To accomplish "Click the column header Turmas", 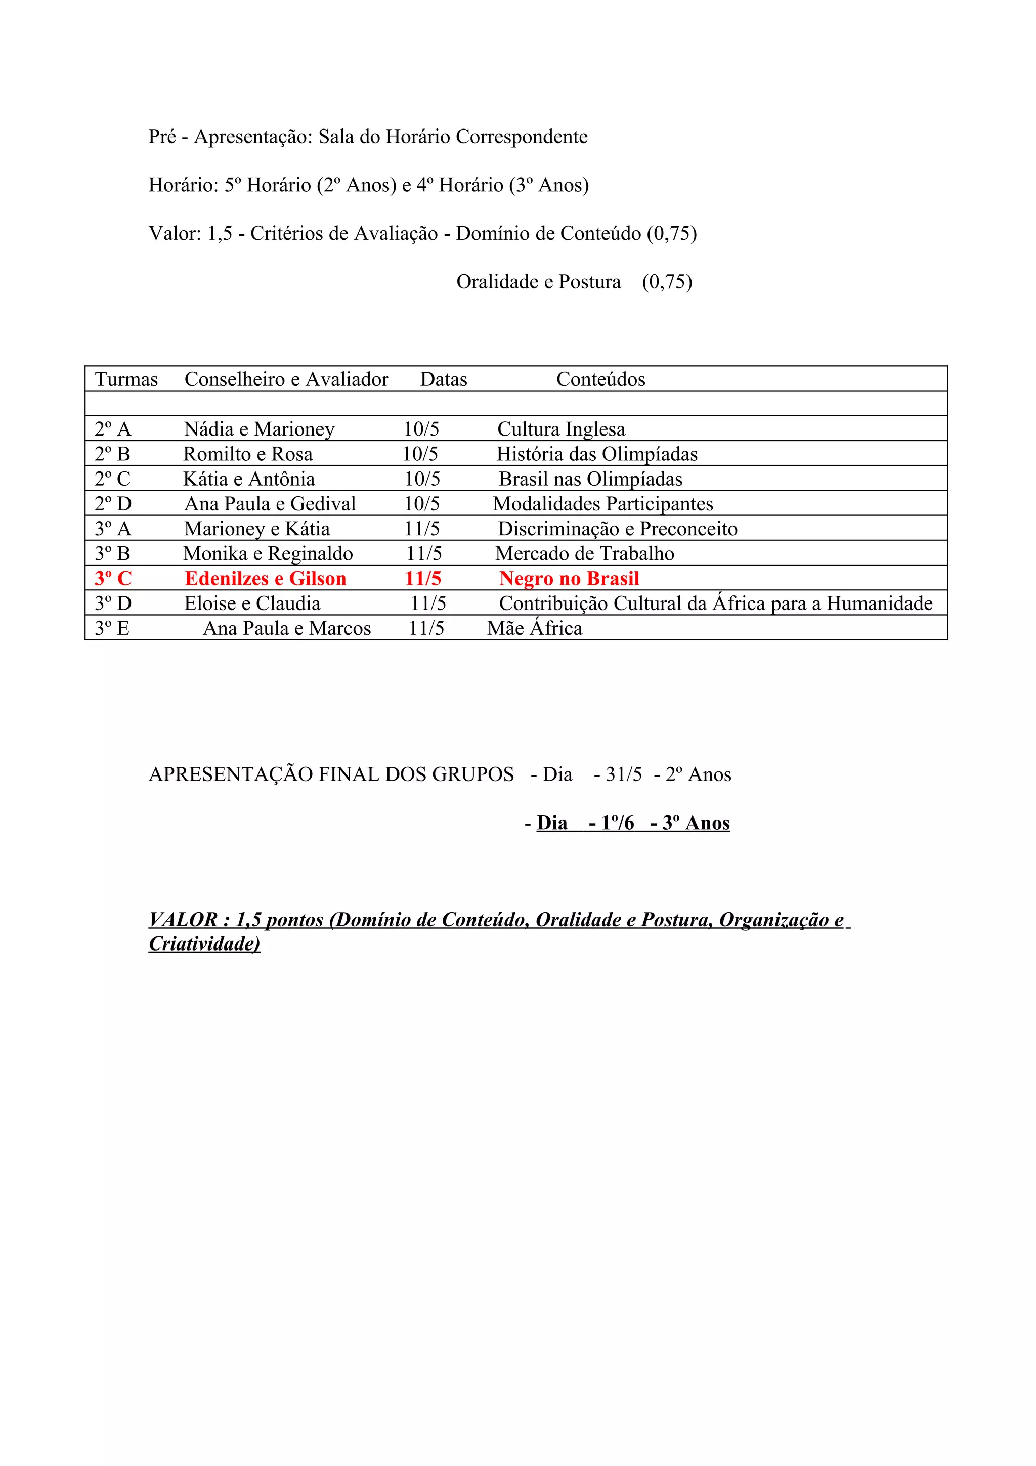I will (x=126, y=379).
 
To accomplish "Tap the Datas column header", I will (x=444, y=379).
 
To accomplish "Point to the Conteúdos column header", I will (x=600, y=379).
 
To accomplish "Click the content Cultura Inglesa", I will (x=561, y=429).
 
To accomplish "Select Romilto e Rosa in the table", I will (x=248, y=454).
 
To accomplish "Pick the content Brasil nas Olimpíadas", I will (x=590, y=479).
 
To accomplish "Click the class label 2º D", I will (x=113, y=504).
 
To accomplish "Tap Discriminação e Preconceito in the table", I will (x=617, y=529).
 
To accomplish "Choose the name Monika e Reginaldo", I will (x=268, y=553).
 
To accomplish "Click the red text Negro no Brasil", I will (x=569, y=579).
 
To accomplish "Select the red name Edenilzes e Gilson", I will (x=266, y=579).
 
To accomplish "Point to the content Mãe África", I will (x=534, y=628).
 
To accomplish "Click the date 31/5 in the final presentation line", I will (x=624, y=774).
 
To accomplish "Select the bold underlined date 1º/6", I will (x=617, y=823).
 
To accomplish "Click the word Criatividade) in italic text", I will (x=204, y=944).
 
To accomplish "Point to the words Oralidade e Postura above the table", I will (x=538, y=282).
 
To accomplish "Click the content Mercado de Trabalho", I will (x=584, y=553).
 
